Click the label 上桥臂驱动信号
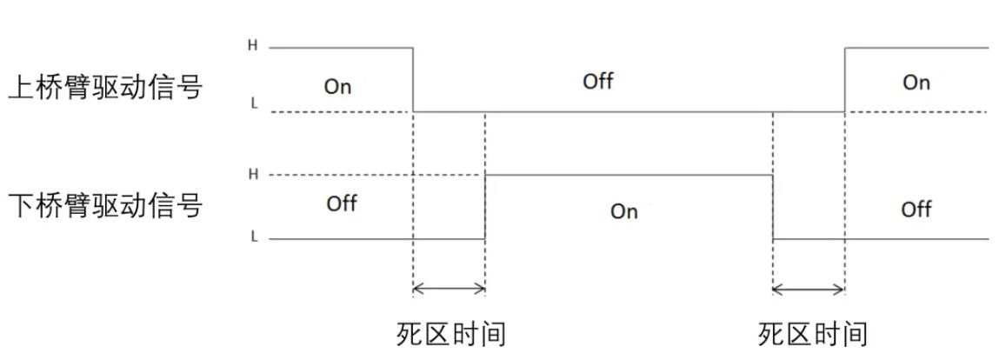[105, 88]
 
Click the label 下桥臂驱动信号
[105, 207]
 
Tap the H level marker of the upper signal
[253, 45]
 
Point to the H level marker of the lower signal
[253, 174]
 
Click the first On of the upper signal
[337, 86]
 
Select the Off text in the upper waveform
[598, 82]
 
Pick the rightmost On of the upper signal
[916, 83]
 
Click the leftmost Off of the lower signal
[342, 204]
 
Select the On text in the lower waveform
[624, 211]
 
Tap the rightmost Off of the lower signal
[916, 210]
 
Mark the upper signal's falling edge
[412, 79]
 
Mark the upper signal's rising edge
[844, 79]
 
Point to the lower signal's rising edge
[484, 206]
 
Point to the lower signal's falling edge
[773, 206]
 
